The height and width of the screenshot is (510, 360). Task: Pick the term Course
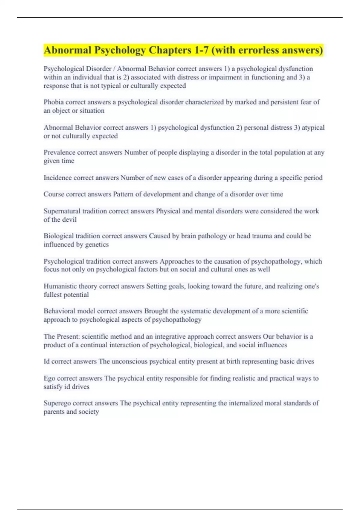click(x=54, y=194)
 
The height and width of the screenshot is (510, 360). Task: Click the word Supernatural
click(x=62, y=211)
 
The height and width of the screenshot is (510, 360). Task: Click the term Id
click(x=46, y=361)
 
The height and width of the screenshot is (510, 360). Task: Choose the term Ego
click(x=49, y=378)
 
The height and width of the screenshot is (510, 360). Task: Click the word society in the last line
click(x=88, y=412)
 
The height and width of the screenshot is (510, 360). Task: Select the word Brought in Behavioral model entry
click(x=156, y=311)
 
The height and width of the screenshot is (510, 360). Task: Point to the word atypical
click(x=313, y=127)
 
